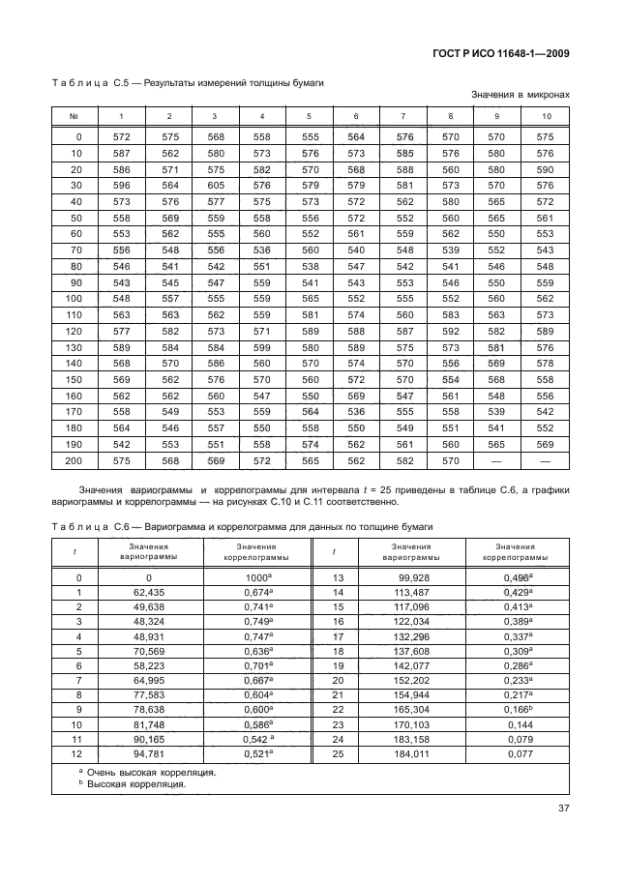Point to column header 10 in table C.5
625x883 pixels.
(546, 116)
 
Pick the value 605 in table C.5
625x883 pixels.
(216, 185)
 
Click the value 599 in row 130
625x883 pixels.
(261, 347)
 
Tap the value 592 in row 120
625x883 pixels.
(450, 331)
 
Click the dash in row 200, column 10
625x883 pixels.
(546, 461)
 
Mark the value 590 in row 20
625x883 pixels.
(546, 169)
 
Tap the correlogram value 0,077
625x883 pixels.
(521, 753)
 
